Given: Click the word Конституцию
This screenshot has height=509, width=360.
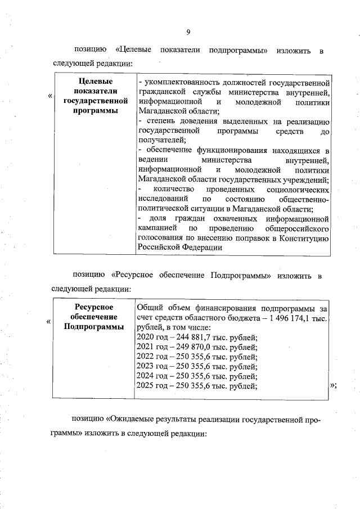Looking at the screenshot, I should [303, 237].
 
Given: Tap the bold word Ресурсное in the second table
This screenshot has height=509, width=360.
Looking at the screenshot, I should [94, 307].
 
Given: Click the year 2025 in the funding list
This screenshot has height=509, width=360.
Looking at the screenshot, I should [146, 385].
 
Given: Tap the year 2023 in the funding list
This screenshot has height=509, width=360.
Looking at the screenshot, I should [146, 366].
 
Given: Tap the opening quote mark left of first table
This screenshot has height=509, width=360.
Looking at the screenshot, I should [50, 96].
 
